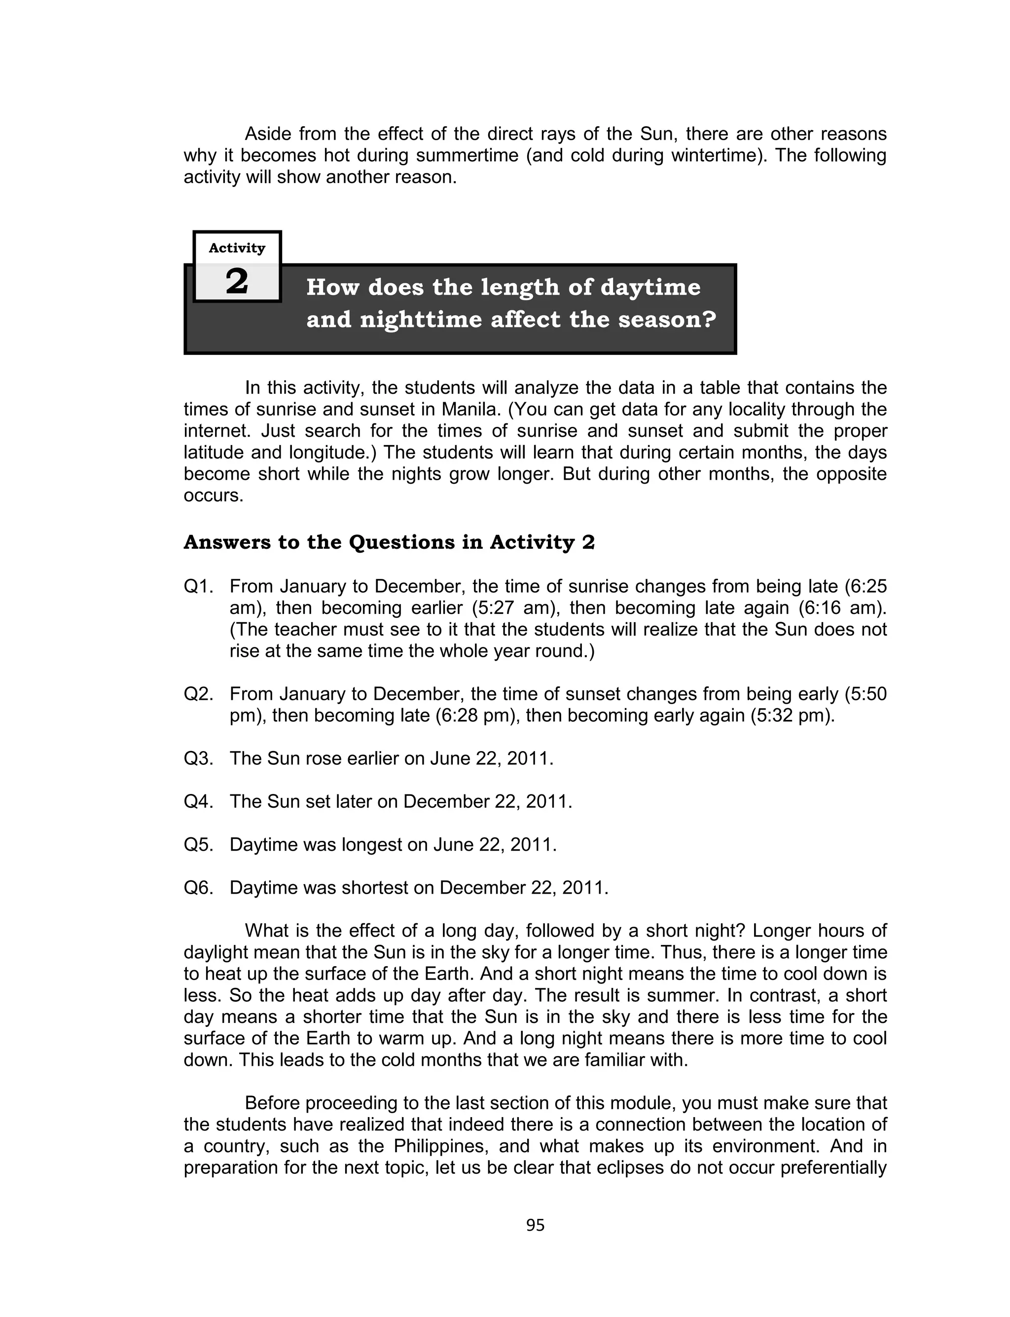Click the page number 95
[x=535, y=1225]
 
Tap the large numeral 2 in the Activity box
[x=237, y=281]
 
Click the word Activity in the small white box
[x=237, y=248]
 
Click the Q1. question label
[x=198, y=586]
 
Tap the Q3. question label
[x=198, y=758]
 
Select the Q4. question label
[x=198, y=802]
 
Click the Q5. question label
[x=198, y=844]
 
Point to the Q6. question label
[x=198, y=888]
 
